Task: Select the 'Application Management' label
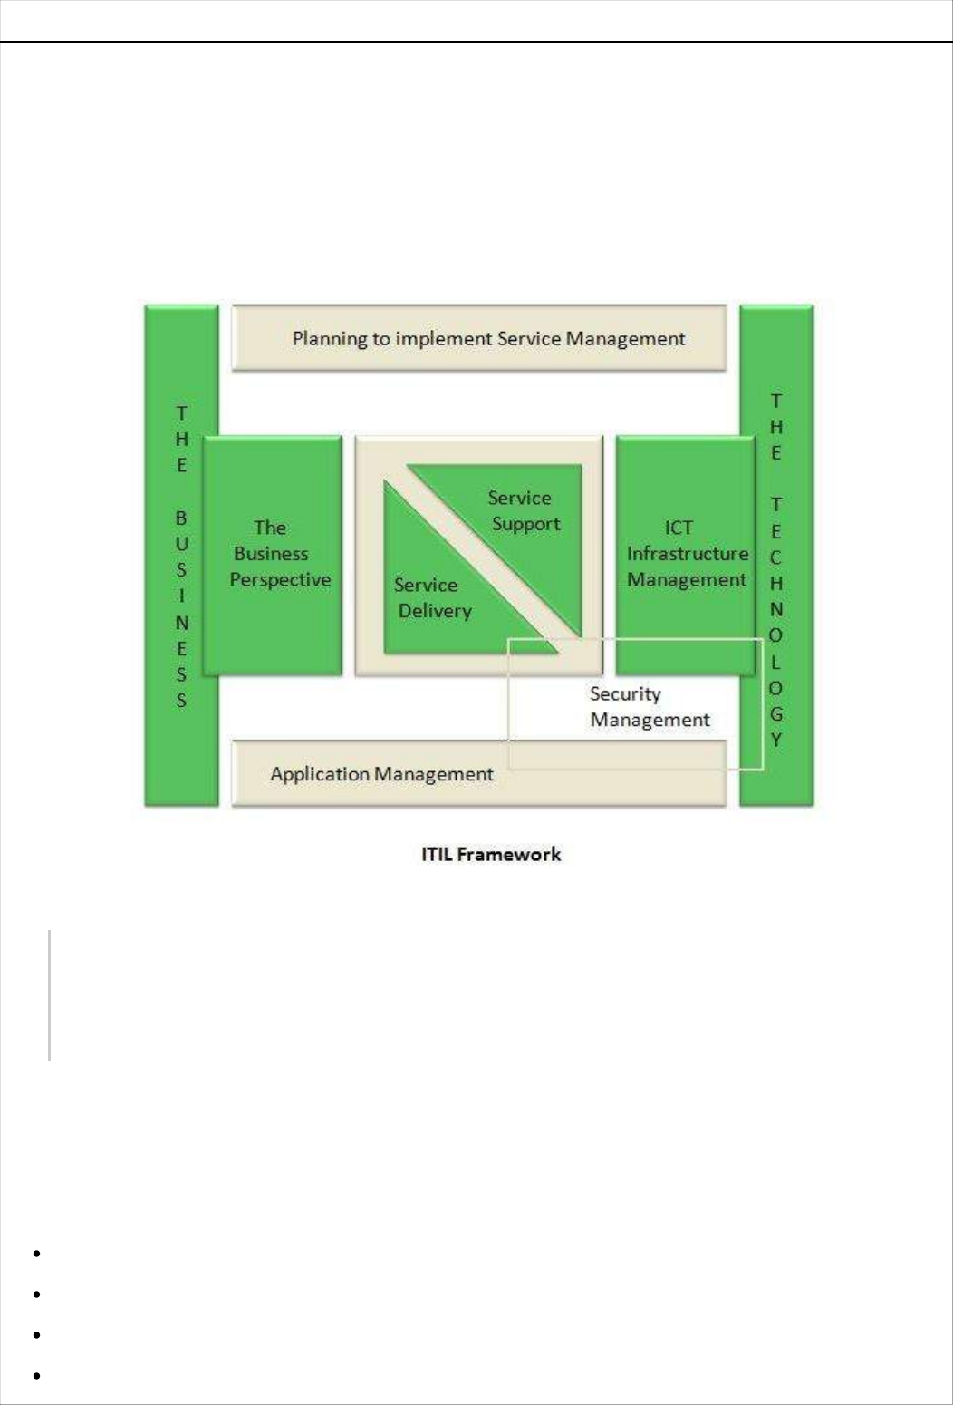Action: point(381,774)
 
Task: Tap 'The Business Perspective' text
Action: point(279,553)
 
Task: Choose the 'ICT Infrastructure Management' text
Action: point(687,553)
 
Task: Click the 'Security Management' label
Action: point(650,707)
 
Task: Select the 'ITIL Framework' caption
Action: point(491,854)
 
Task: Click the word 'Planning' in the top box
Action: point(329,339)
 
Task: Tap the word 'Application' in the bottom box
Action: point(321,775)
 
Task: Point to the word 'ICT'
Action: point(679,528)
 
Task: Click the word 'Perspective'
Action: point(280,580)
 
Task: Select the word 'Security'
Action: point(625,694)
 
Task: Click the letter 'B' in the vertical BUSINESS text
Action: point(181,518)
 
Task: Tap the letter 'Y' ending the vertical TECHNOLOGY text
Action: point(776,740)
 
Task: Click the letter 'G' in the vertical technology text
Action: point(776,714)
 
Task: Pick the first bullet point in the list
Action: point(37,1254)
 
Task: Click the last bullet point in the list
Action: point(37,1376)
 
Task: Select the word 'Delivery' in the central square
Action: point(435,611)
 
